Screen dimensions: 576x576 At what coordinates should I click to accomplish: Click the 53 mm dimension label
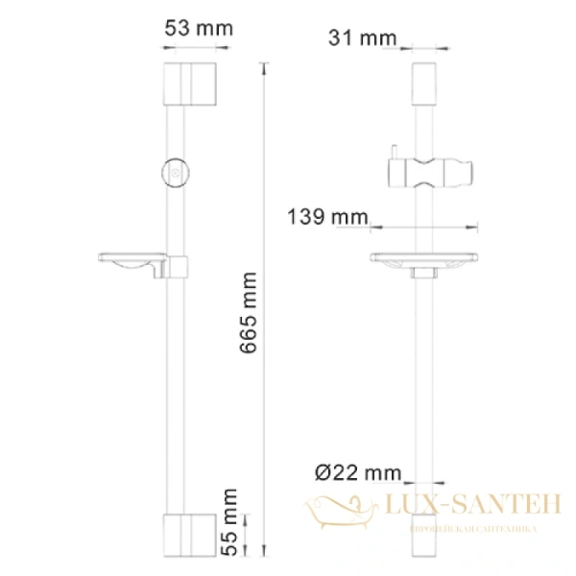(x=199, y=28)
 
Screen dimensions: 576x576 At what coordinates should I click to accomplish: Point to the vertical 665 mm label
(x=249, y=318)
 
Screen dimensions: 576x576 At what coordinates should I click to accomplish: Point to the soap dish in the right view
(x=423, y=259)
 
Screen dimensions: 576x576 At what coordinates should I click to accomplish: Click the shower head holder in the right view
(x=430, y=174)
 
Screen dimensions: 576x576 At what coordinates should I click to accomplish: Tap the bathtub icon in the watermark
(x=341, y=508)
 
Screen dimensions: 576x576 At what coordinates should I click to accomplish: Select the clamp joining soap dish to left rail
(x=179, y=264)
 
